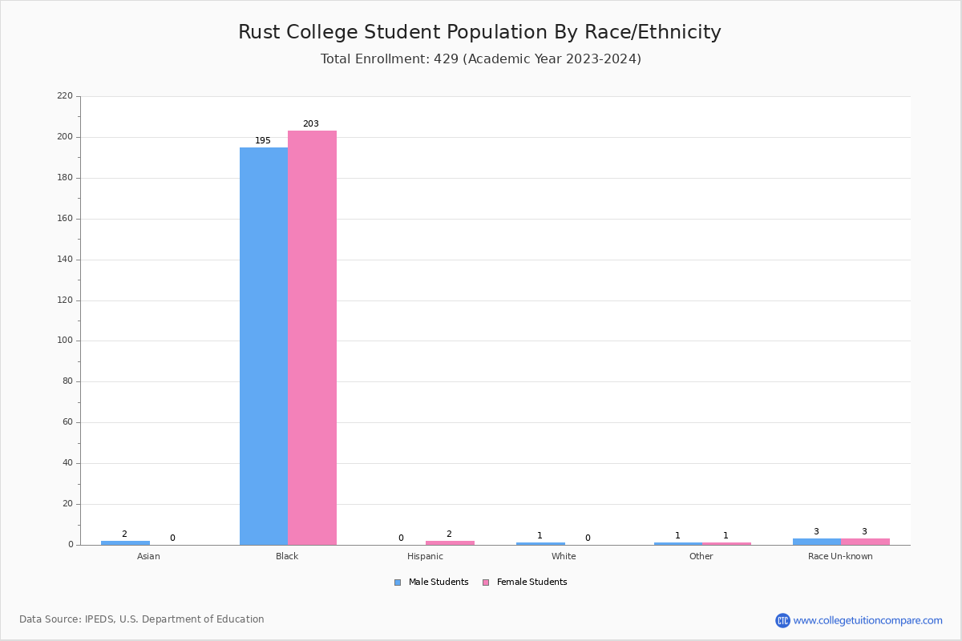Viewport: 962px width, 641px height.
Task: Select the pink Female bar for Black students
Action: coord(312,337)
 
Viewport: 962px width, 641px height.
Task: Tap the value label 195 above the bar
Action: coord(263,141)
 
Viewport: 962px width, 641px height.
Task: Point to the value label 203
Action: coord(311,124)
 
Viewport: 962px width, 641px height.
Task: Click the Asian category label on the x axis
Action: coord(148,556)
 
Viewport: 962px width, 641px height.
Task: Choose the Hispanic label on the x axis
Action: coord(425,556)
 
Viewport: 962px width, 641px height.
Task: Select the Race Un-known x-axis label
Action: coord(840,556)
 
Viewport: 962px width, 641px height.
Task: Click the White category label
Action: coord(564,556)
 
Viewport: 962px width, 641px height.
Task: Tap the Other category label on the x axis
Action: coord(701,556)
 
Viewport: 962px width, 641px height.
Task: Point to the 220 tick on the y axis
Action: coord(65,96)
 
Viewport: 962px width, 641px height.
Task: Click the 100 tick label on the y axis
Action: coord(65,341)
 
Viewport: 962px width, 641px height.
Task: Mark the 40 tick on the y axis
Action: coord(67,463)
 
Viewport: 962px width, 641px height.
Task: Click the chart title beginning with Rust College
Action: coord(479,32)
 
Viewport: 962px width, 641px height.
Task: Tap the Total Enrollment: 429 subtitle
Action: coord(480,59)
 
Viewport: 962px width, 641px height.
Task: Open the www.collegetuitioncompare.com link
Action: coord(867,620)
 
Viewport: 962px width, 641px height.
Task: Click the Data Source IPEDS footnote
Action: coord(142,619)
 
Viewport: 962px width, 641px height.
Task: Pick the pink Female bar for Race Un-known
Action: coord(865,542)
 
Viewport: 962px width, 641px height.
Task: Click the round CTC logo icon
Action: coord(782,620)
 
